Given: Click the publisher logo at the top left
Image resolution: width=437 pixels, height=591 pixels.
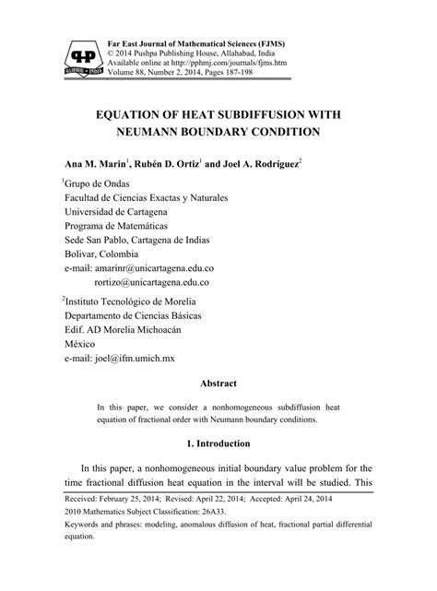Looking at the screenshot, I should pos(80,58).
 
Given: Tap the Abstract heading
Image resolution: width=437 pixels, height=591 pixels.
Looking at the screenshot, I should pos(218,383).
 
